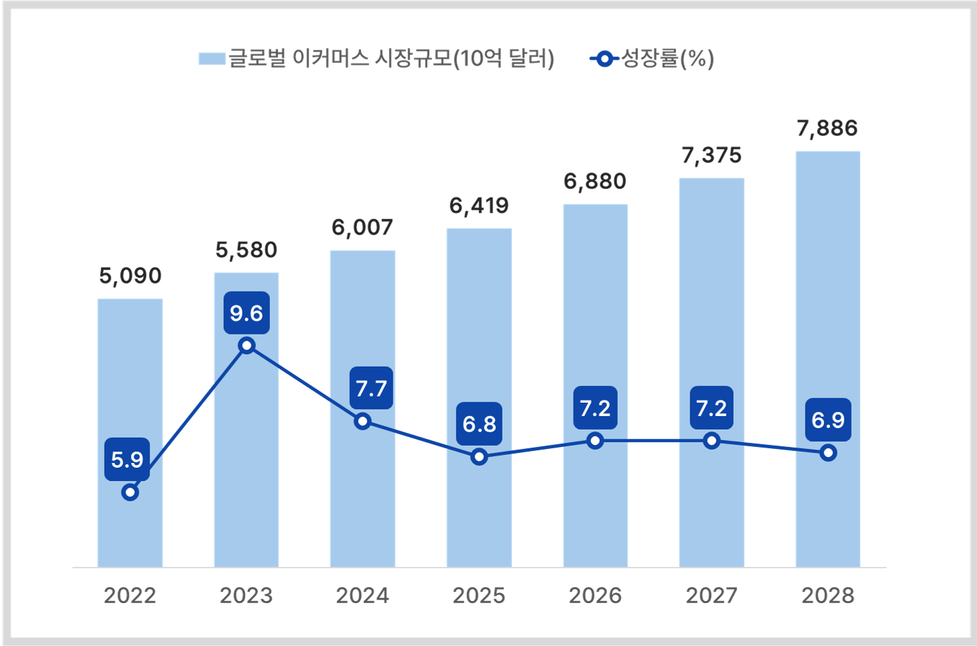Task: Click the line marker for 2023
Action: coord(247,346)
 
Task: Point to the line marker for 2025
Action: coord(479,457)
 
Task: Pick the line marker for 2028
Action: coord(828,453)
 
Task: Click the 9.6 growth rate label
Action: coord(247,313)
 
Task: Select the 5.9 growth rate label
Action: coord(127,460)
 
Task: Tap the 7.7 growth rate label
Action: coord(371,388)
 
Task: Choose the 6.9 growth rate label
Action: coord(828,420)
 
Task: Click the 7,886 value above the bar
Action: coord(827,128)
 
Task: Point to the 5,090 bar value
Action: coord(130,275)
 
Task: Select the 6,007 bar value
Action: coord(362,228)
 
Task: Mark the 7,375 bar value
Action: coord(711,155)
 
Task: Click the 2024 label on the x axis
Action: coord(363,595)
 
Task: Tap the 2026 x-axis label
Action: coord(595,595)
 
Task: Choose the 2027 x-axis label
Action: coord(711,595)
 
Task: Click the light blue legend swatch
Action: coord(212,59)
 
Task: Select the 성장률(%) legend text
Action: coord(667,59)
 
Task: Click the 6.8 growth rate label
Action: coord(479,424)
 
